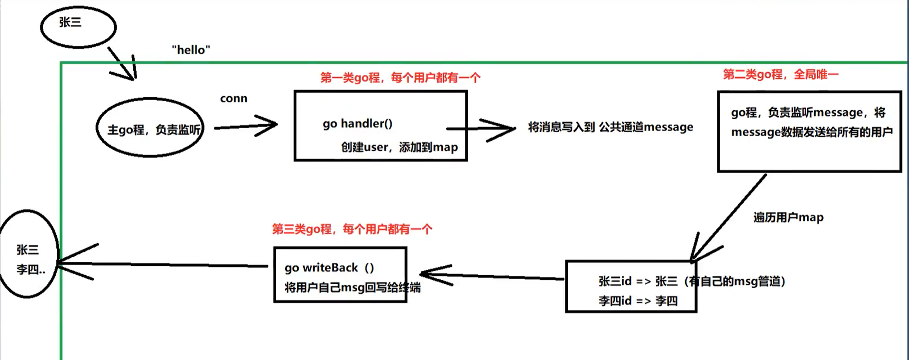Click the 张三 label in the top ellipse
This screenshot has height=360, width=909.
pyautogui.click(x=70, y=22)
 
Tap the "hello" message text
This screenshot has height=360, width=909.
pyautogui.click(x=191, y=50)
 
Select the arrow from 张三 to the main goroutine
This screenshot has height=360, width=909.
pyautogui.click(x=122, y=63)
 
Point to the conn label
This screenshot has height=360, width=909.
pyautogui.click(x=233, y=99)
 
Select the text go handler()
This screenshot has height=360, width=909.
pyautogui.click(x=358, y=124)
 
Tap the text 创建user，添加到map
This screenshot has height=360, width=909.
pyautogui.click(x=399, y=147)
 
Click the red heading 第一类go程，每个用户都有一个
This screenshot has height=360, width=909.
pyautogui.click(x=400, y=78)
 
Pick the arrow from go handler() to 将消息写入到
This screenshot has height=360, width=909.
pyautogui.click(x=489, y=129)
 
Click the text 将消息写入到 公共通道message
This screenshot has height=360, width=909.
pyautogui.click(x=610, y=128)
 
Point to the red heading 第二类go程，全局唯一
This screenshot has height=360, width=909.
pyautogui.click(x=780, y=75)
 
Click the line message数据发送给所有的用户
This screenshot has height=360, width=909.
pyautogui.click(x=811, y=132)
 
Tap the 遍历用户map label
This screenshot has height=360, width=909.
pyautogui.click(x=788, y=217)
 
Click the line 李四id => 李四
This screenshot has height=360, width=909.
pyautogui.click(x=638, y=301)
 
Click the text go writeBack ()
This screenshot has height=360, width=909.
pyautogui.click(x=329, y=268)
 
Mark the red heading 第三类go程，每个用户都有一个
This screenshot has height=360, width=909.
pyautogui.click(x=352, y=229)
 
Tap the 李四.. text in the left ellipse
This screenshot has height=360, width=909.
pyautogui.click(x=30, y=270)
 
